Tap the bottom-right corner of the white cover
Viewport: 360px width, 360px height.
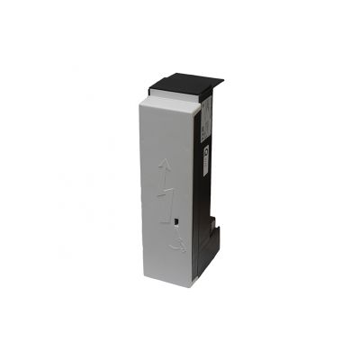tap(191, 285)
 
